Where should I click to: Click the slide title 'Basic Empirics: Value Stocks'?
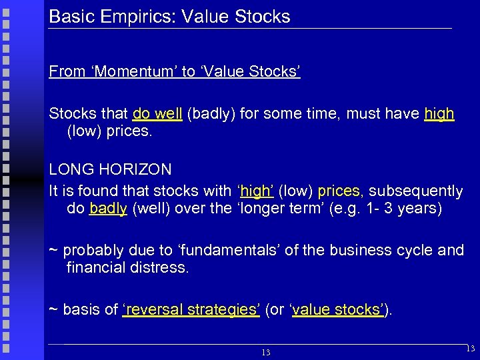pyautogui.click(x=170, y=17)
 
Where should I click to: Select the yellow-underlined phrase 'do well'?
pyautogui.click(x=157, y=114)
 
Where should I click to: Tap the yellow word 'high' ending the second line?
pyautogui.click(x=439, y=114)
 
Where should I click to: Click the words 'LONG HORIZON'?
pyautogui.click(x=110, y=170)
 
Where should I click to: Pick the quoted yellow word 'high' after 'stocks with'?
pyautogui.click(x=255, y=191)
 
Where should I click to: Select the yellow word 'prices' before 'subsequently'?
pyautogui.click(x=339, y=191)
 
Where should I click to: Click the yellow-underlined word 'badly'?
pyautogui.click(x=107, y=209)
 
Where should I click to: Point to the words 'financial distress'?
pyautogui.click(x=127, y=268)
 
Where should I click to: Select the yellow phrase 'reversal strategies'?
pyautogui.click(x=191, y=310)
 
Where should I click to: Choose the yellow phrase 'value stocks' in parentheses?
pyautogui.click(x=337, y=310)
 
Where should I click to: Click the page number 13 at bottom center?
pyautogui.click(x=265, y=352)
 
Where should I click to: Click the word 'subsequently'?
pyautogui.click(x=415, y=191)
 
